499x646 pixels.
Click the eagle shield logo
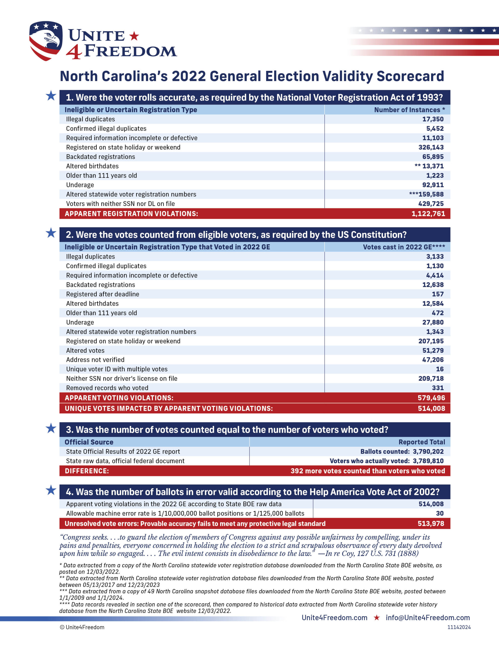(x=46, y=41)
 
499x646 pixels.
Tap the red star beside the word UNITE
(x=134, y=36)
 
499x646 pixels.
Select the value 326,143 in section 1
(x=431, y=147)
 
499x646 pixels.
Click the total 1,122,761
(x=428, y=213)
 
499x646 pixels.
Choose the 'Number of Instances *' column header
(x=409, y=110)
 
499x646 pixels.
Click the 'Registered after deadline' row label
(x=102, y=294)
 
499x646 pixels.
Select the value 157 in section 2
(x=437, y=294)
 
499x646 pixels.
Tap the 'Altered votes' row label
(x=85, y=351)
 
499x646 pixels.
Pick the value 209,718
(x=431, y=378)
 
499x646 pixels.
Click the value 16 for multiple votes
(x=439, y=369)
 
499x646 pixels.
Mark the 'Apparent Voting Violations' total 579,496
(x=431, y=398)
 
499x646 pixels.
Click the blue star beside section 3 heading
(x=51, y=428)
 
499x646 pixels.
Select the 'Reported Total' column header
(x=422, y=442)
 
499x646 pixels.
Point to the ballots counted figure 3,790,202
(x=428, y=451)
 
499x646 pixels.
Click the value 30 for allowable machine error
(x=439, y=513)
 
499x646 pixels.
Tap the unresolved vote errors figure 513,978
(x=431, y=524)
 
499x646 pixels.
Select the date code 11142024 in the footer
(x=459, y=627)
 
